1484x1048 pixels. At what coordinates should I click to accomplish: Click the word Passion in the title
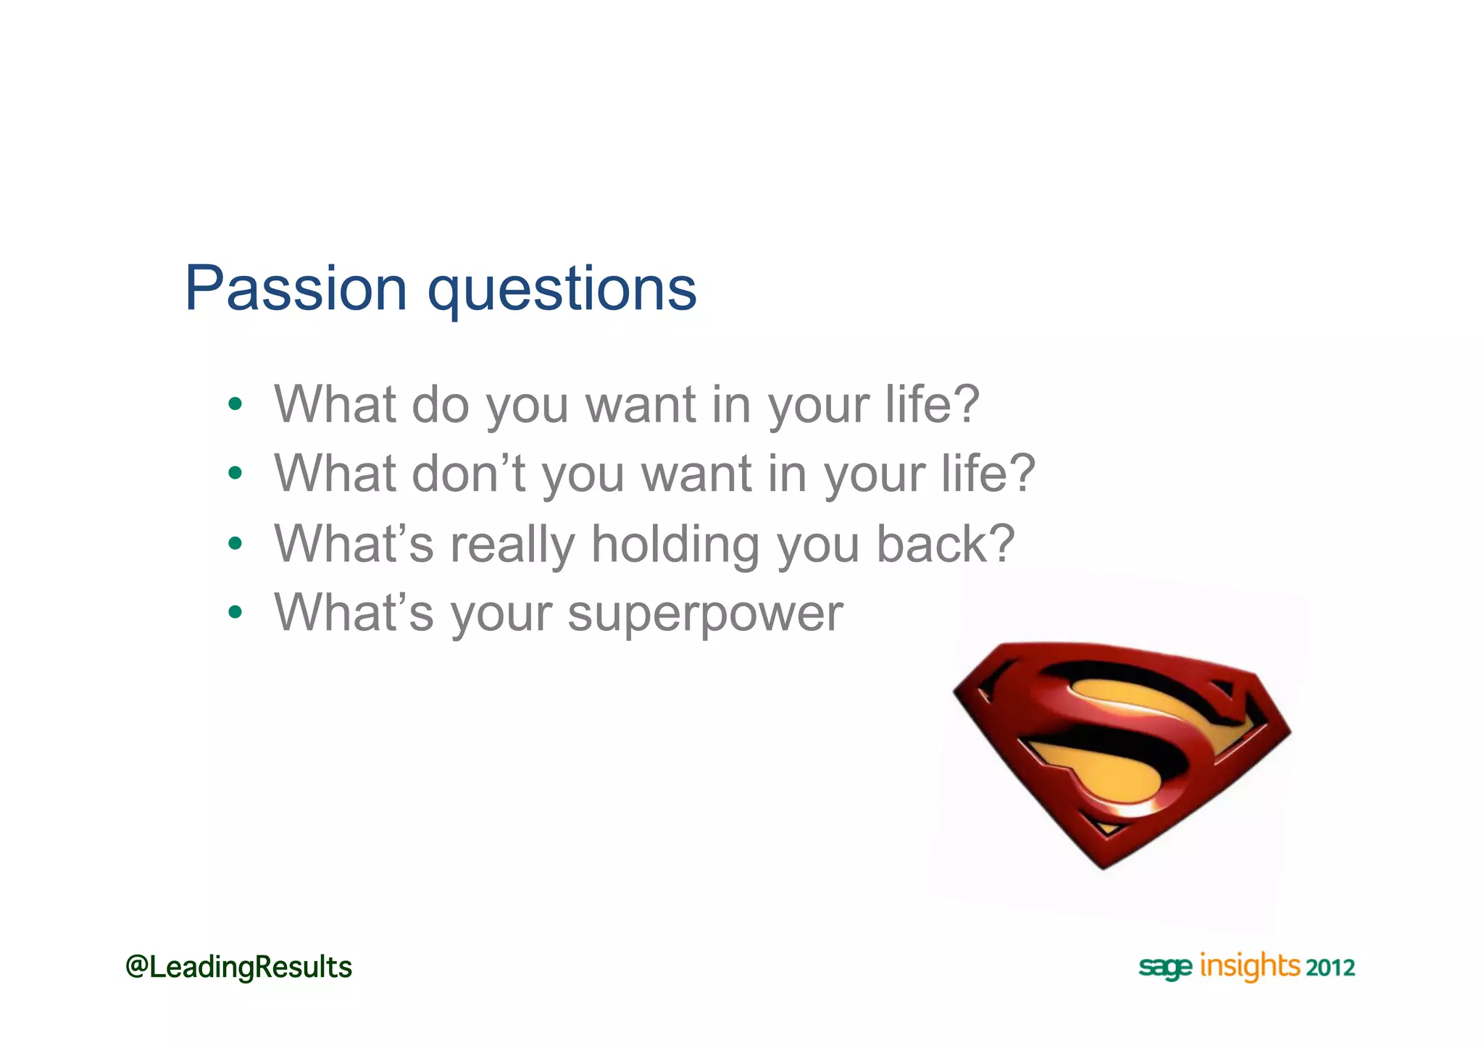[296, 289]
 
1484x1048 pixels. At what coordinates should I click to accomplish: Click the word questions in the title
[562, 291]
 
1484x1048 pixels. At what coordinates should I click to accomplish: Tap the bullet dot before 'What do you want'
[234, 404]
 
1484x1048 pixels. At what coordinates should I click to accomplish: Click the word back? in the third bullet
[946, 544]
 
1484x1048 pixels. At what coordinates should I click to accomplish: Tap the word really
[512, 545]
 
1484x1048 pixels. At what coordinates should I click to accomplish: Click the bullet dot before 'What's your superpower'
[234, 613]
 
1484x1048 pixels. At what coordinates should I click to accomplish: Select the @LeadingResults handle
[238, 968]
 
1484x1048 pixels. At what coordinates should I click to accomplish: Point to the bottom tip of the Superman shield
[1104, 866]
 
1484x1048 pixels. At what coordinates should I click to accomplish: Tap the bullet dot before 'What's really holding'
[234, 543]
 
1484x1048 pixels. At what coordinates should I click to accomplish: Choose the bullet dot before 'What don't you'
[234, 474]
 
